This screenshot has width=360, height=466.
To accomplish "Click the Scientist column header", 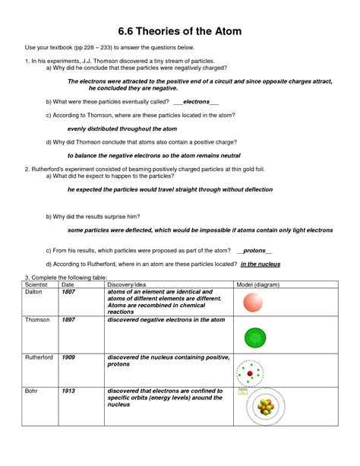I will (x=37, y=284).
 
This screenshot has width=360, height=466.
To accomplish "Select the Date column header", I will (x=68, y=284).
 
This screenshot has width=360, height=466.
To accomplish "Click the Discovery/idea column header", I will (x=130, y=284).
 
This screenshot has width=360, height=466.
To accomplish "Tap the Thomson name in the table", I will (x=39, y=321).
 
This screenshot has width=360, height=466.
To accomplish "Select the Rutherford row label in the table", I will (x=40, y=357).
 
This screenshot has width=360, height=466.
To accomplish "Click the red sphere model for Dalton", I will (x=253, y=303).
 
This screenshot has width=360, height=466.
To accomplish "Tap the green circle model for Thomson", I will (x=253, y=338).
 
